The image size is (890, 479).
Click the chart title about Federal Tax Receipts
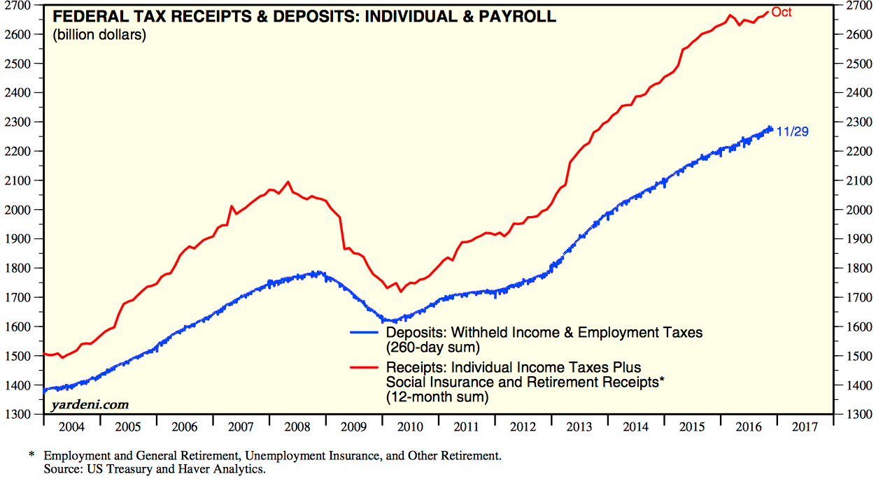pos(304,16)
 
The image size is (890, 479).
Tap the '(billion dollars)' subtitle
pos(99,35)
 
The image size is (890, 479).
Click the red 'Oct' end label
pos(782,13)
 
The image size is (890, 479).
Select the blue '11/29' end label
pos(792,131)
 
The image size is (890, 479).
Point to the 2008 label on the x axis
pos(299,427)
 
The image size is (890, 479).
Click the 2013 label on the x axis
pos(581,427)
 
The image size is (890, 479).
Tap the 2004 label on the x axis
pos(72,427)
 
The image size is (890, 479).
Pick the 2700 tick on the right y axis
pos(860,6)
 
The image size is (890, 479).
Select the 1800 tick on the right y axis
pos(860,269)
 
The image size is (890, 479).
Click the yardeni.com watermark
pos(89,404)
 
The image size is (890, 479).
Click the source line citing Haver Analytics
pos(154,469)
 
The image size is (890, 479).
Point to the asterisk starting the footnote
pos(31,456)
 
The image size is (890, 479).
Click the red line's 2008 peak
pos(288,182)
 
